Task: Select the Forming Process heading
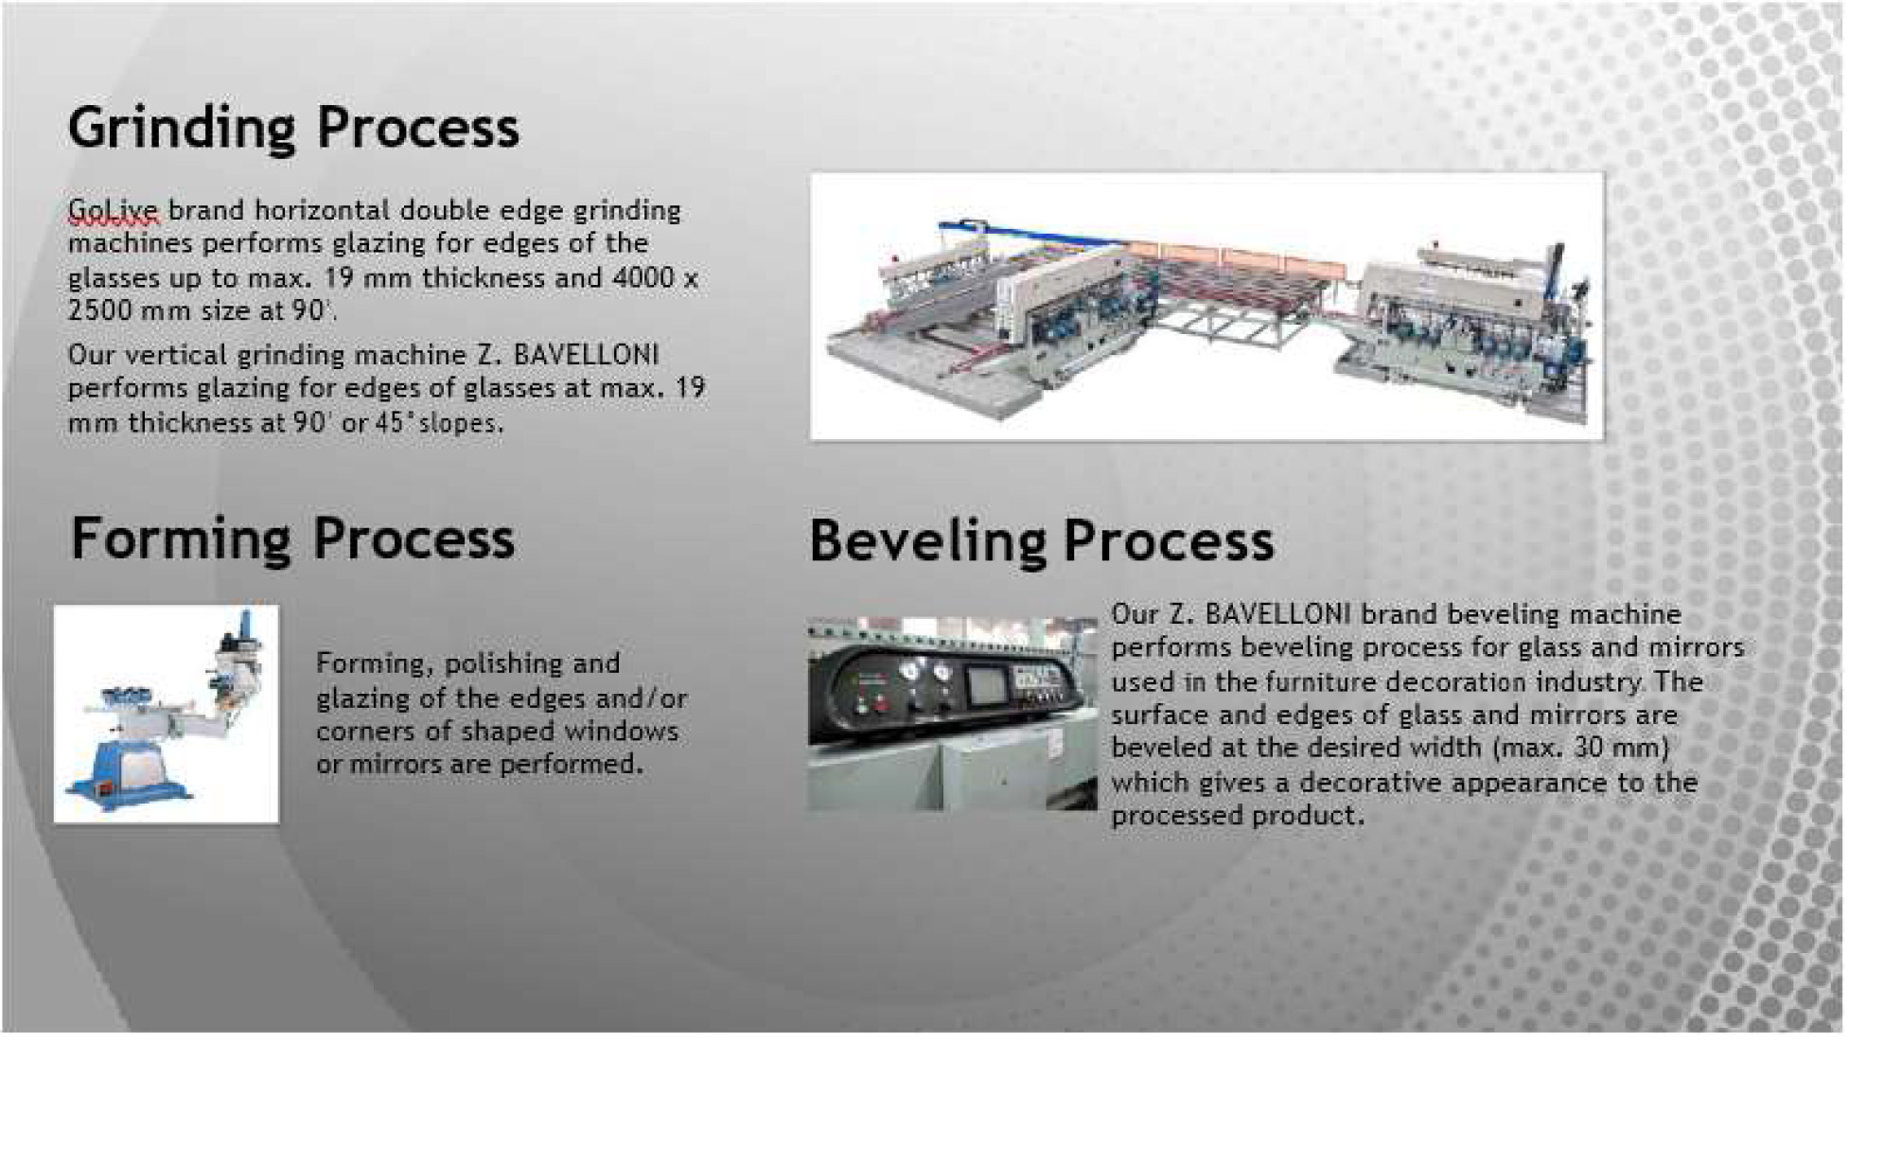(292, 539)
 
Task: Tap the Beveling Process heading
(1041, 541)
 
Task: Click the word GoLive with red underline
(114, 209)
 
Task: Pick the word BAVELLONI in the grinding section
(586, 355)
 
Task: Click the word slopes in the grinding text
(460, 423)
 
